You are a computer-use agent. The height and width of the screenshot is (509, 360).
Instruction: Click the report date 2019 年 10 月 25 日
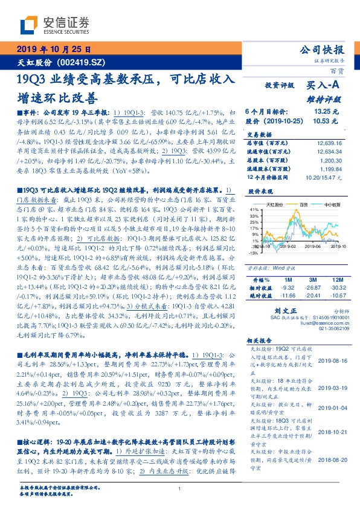[x=51, y=50]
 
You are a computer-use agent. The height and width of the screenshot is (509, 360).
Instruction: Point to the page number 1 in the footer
[x=180, y=488]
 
